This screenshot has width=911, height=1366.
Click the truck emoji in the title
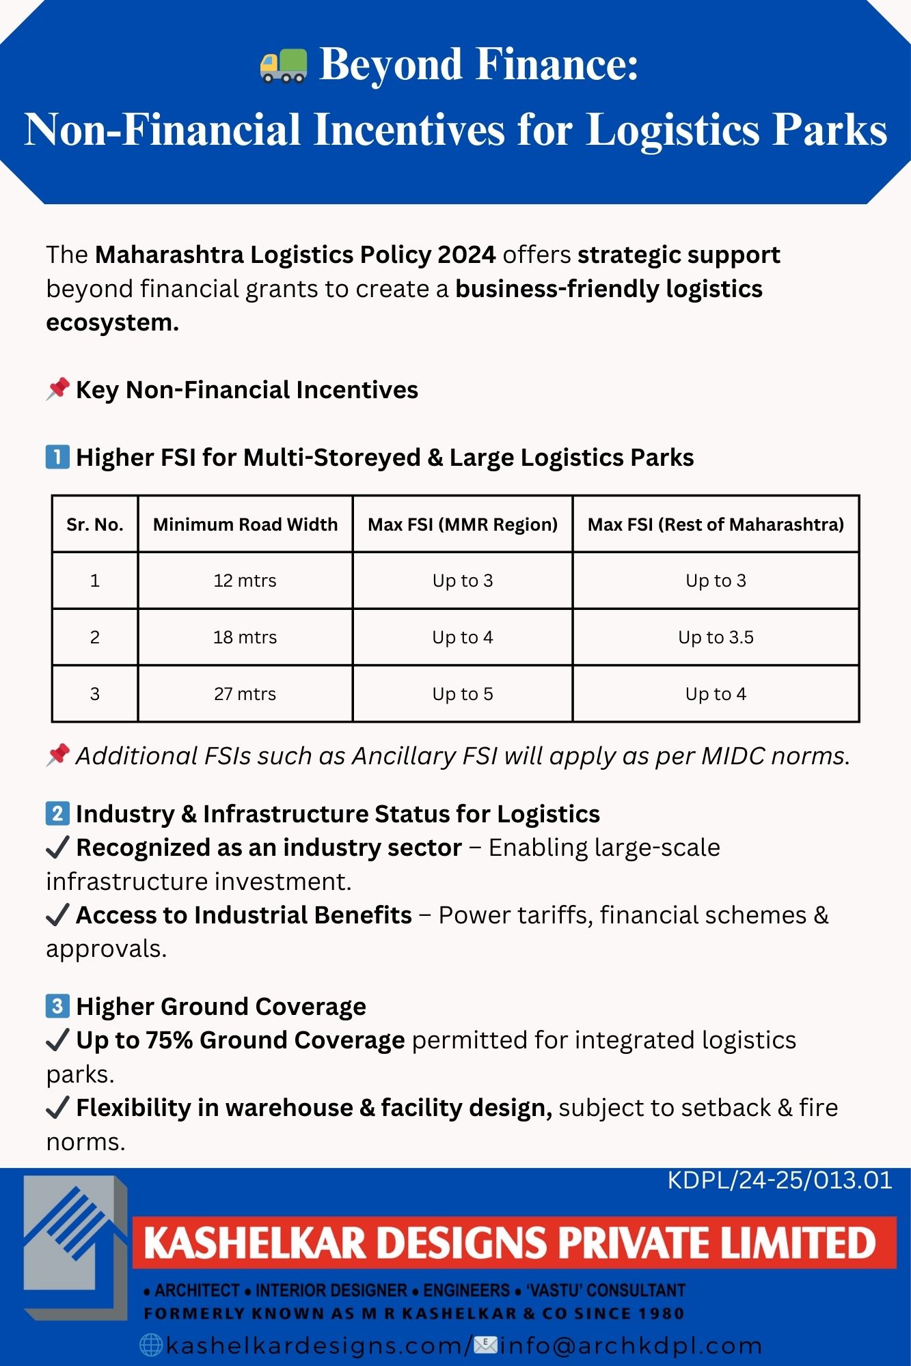(284, 66)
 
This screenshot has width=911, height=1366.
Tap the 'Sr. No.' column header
(95, 525)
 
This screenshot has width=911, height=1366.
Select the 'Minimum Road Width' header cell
(245, 525)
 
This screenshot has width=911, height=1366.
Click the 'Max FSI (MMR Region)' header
(463, 525)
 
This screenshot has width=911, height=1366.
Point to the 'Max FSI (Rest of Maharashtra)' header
(716, 525)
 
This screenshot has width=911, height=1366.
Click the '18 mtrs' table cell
(245, 637)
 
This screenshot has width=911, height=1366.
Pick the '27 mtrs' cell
(245, 694)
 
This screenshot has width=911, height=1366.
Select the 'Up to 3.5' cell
(716, 637)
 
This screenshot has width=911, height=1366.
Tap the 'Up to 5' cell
(463, 694)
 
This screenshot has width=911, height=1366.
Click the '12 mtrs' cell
(245, 581)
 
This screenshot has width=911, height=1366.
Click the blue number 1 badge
(57, 457)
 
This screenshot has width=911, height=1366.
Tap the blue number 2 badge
(57, 813)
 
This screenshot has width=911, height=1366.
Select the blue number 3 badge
(57, 1006)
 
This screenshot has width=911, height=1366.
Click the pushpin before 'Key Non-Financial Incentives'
(58, 389)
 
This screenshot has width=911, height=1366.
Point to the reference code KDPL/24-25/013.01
(780, 1181)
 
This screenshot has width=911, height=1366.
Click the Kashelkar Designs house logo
(75, 1246)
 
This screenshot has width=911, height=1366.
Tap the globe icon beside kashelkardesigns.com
(151, 1345)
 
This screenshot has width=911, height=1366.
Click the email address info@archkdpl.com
(631, 1346)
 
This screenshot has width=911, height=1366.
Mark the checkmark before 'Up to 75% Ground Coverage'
(57, 1040)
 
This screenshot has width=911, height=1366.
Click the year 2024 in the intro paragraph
(467, 255)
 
